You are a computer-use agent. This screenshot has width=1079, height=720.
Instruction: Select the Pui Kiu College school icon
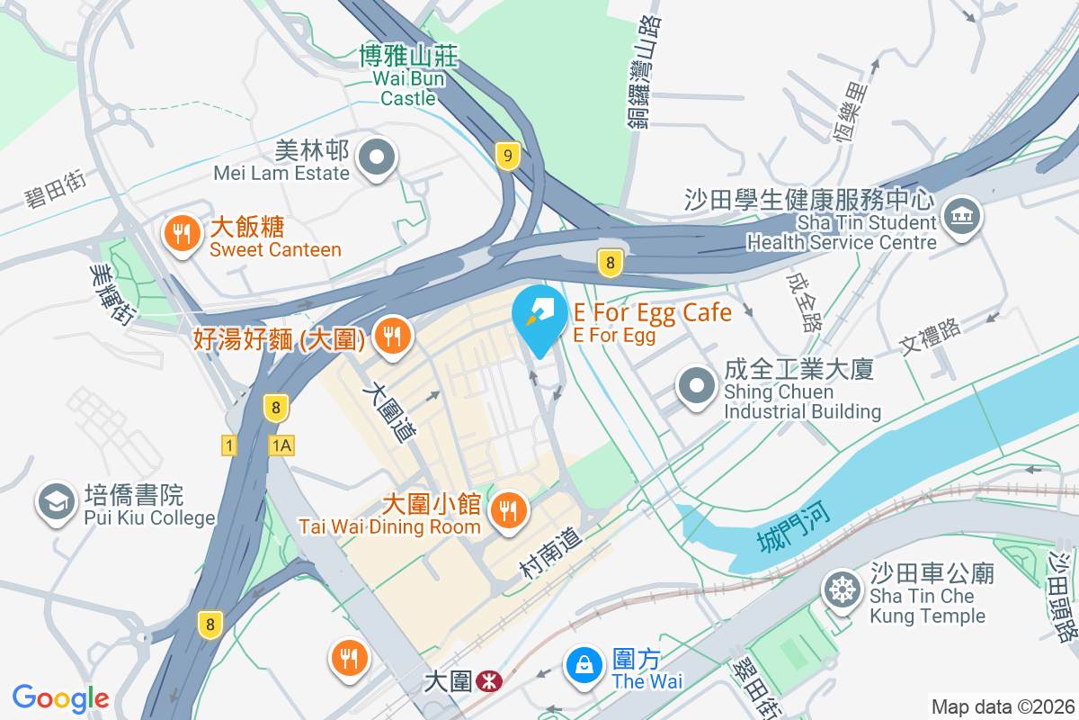coord(56,504)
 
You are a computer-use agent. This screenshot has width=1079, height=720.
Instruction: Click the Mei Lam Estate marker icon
coord(377,159)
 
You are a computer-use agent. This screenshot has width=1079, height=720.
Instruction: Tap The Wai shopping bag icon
coord(584,667)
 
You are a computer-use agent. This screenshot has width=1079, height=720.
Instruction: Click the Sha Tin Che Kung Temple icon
coord(843,590)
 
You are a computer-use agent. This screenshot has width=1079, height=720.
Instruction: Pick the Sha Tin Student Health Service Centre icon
coord(962,219)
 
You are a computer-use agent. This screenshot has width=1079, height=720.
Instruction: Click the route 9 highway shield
coord(508,157)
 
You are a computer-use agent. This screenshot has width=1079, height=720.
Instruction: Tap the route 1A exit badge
coord(282,445)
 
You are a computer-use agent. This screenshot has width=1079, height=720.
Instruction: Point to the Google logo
coord(60,698)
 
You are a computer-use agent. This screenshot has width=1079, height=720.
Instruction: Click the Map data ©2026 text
coord(1001,706)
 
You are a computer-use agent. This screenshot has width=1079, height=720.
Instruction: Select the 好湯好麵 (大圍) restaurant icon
coord(392,337)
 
